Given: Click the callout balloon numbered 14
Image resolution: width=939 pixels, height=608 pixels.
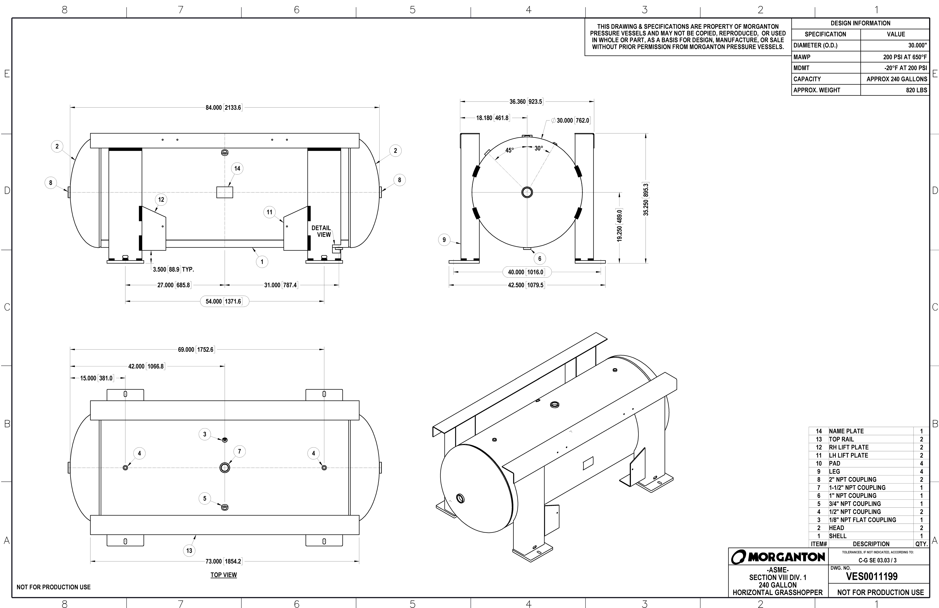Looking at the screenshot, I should coord(237,169).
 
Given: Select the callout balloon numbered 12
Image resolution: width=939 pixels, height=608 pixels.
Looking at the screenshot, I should coord(161,200).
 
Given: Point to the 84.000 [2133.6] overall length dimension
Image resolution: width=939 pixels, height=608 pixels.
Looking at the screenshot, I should coord(223,107).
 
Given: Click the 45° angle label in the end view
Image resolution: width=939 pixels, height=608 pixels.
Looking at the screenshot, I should coord(509,150).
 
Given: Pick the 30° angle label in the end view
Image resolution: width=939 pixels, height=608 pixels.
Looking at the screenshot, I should coord(539,149).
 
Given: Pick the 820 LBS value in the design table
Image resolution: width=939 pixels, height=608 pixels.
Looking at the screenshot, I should coord(916,90).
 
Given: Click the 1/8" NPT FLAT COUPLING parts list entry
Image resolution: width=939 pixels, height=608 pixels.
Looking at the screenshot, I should coord(862,520).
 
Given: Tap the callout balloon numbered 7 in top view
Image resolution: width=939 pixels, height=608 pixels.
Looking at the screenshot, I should coord(240,451).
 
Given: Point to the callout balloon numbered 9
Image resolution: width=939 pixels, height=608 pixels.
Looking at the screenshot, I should coord(444,240).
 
